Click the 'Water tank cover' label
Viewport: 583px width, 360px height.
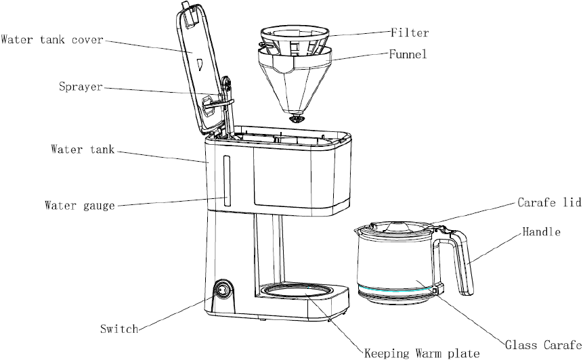coord(51,39)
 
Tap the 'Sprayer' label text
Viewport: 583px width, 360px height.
coord(81,87)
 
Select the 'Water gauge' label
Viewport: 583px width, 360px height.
coord(80,206)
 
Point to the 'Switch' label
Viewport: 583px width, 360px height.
coord(119,329)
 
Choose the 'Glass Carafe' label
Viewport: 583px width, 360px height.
coord(543,344)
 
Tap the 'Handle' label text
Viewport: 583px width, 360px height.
coord(542,232)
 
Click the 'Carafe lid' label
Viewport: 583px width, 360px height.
coord(549,202)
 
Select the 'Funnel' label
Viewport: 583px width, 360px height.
coord(408,54)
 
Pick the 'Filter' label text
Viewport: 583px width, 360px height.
coord(410,32)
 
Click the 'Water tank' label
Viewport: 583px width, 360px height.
coord(83,150)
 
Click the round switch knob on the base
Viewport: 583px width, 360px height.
coord(223,289)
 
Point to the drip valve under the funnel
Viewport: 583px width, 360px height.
coord(297,119)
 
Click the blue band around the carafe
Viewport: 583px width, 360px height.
coord(396,290)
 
